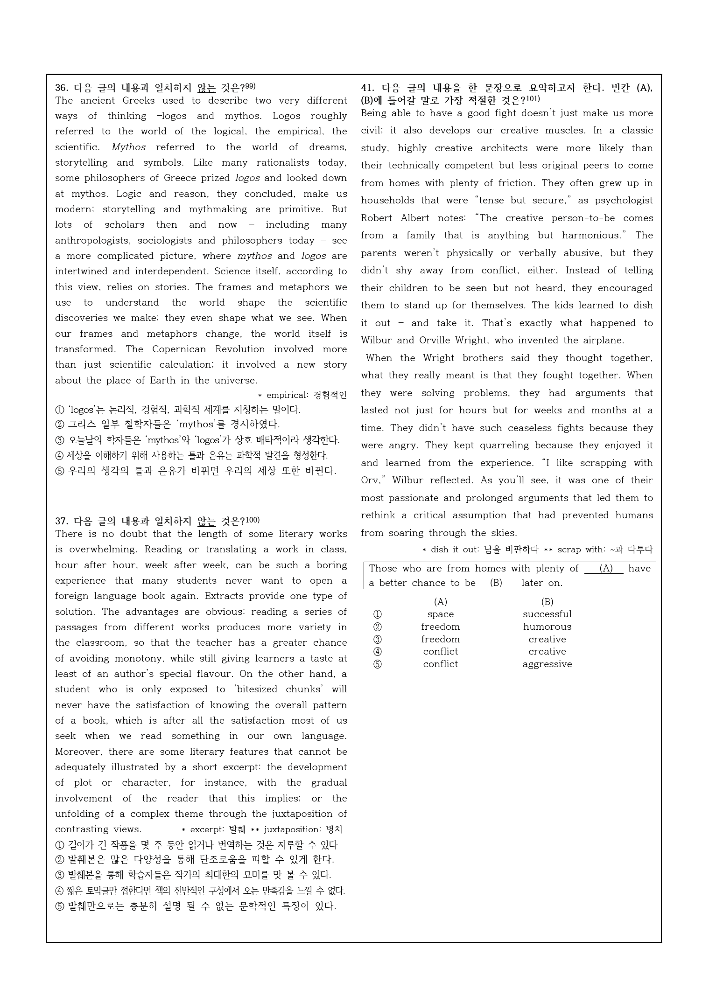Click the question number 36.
pyautogui.click(x=62, y=88)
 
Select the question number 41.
pyautogui.click(x=368, y=88)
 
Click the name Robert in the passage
pyautogui.click(x=376, y=218)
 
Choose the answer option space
pyautogui.click(x=440, y=614)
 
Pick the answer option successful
pyautogui.click(x=547, y=614)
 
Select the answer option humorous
pyautogui.click(x=547, y=627)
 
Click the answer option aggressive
pyautogui.click(x=547, y=664)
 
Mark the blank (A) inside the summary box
pyautogui.click(x=605, y=569)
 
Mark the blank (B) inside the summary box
pyautogui.click(x=496, y=583)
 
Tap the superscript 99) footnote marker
pyautogui.click(x=250, y=86)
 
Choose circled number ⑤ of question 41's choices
pyautogui.click(x=378, y=664)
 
